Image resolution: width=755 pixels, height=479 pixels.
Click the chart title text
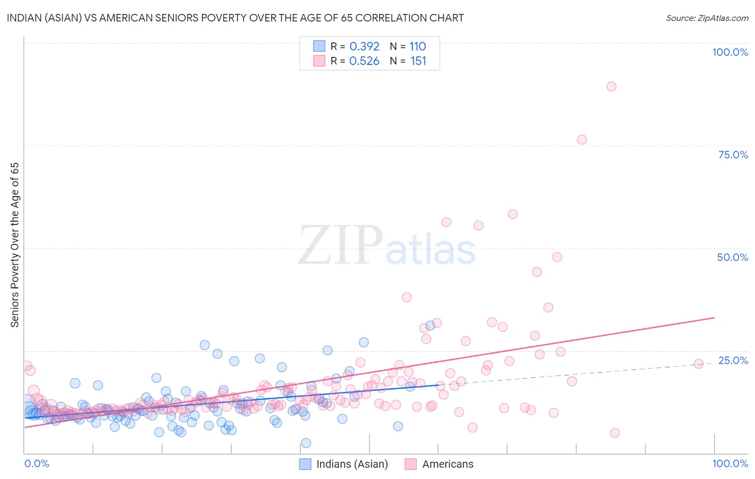[235, 18]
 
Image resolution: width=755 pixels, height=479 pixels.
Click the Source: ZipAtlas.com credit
[707, 18]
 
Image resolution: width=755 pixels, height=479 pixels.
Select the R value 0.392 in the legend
[364, 46]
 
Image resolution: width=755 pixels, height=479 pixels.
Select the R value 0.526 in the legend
[364, 61]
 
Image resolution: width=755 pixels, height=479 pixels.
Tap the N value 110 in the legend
[417, 46]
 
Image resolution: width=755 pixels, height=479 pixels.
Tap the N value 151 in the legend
[418, 61]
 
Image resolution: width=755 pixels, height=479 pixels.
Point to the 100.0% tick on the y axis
[730, 52]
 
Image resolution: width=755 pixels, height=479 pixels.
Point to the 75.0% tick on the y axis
[733, 155]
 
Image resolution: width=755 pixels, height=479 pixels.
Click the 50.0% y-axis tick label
[732, 257]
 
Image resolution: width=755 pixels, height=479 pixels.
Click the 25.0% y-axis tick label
[733, 360]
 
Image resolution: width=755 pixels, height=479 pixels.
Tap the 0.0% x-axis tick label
[37, 463]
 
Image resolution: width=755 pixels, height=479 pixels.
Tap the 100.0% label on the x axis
[730, 463]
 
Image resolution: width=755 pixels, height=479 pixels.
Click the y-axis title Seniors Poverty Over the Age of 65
[14, 245]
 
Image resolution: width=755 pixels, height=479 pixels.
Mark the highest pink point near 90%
[611, 86]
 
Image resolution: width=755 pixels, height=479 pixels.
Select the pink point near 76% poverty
[582, 140]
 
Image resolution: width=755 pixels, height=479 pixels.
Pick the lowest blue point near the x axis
[306, 443]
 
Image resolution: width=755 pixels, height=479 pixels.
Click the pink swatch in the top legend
[319, 61]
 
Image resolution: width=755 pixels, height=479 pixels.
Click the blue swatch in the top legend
[319, 46]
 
